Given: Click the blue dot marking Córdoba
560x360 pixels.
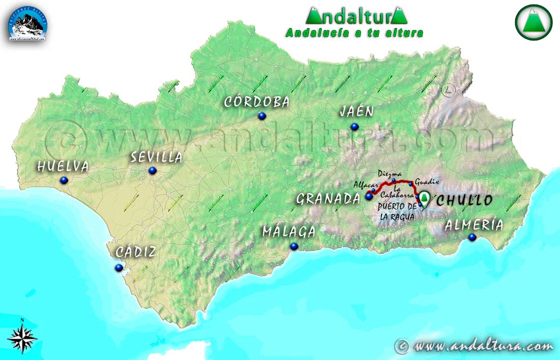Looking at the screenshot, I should [262, 116].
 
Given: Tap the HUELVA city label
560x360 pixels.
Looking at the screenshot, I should [63, 167].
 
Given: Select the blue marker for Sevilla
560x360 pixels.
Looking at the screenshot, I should [152, 170].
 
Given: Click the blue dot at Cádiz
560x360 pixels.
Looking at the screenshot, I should [119, 267].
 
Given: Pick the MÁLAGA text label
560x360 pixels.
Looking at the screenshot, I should [289, 232].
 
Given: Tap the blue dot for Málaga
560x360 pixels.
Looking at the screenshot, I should [294, 246].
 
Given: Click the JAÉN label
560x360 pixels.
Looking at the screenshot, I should [357, 112].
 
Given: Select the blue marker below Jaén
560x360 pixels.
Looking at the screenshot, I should [354, 127].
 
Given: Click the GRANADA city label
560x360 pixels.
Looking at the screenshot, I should [328, 199].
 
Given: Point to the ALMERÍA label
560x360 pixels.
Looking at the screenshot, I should [473, 225].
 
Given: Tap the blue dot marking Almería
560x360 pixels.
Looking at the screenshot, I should [472, 237].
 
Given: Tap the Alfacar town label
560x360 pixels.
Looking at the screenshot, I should [363, 184].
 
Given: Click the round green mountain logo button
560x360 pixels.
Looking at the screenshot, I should [533, 22].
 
